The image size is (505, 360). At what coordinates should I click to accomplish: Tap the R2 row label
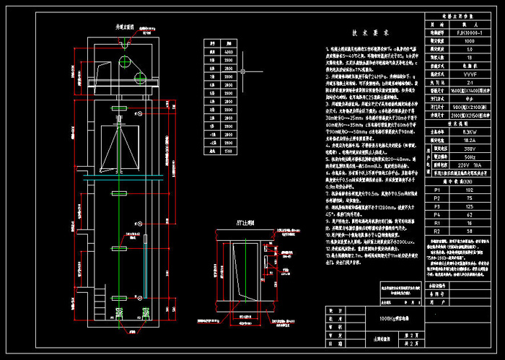click(x=436, y=229)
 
